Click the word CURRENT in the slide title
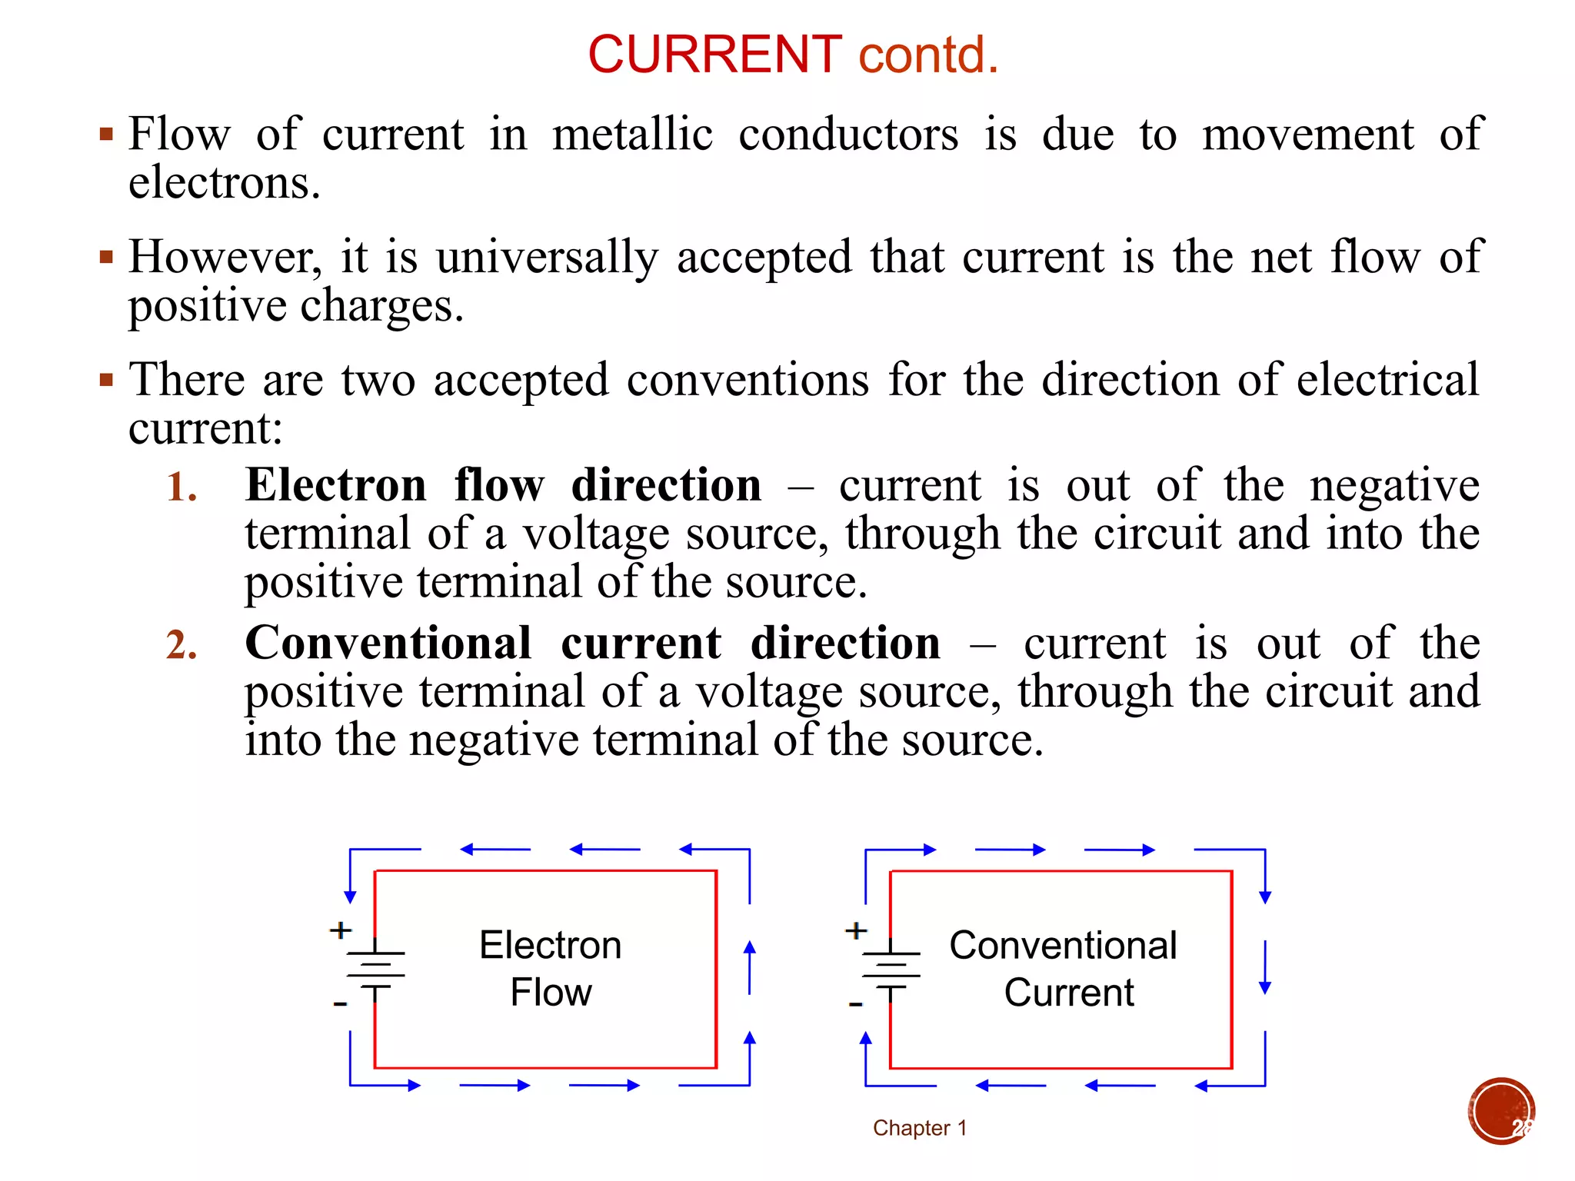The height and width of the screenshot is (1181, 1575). [x=714, y=55]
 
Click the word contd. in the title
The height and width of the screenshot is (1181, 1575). [x=928, y=55]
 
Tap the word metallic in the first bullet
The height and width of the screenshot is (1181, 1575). [x=632, y=135]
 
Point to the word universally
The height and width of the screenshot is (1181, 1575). [x=547, y=257]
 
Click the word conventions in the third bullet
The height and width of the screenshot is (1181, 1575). [x=748, y=380]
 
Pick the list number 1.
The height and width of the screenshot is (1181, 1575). [x=181, y=487]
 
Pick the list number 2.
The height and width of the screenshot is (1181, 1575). [x=181, y=645]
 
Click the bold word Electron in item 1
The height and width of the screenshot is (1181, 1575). [x=335, y=486]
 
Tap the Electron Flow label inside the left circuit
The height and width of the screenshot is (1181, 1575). [x=551, y=968]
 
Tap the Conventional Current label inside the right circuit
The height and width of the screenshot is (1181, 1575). [x=1064, y=968]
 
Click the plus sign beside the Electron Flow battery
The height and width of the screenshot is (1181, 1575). [x=340, y=930]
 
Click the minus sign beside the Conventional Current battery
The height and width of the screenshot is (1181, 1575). [x=855, y=1004]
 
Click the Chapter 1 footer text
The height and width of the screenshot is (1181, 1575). [x=919, y=1128]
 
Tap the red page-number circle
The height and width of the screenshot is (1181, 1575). [x=1501, y=1111]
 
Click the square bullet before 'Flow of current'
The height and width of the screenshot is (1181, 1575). [x=106, y=135]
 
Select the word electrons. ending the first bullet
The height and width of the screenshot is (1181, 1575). [x=224, y=184]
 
